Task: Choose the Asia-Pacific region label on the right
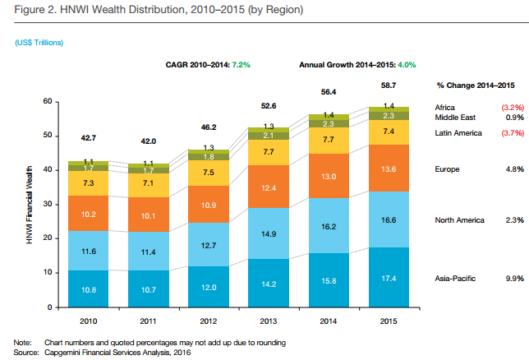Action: [x=456, y=279]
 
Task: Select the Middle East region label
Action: [x=455, y=118]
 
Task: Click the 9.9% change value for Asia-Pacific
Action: [x=514, y=279]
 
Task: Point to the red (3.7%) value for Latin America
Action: [x=512, y=132]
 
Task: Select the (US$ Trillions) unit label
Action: [x=39, y=41]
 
